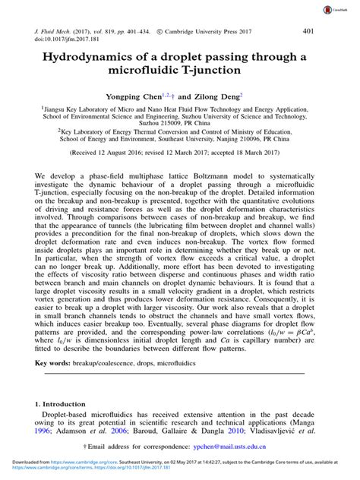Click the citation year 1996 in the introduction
(43, 431)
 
